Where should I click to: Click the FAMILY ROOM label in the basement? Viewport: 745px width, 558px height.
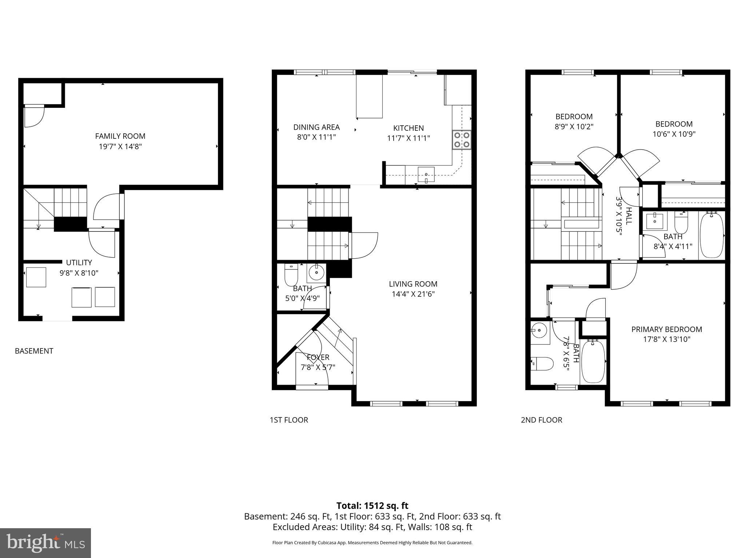pyautogui.click(x=120, y=136)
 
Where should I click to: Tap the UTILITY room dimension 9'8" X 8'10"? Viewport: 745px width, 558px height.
pyautogui.click(x=79, y=273)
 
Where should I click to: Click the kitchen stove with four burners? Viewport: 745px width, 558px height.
pyautogui.click(x=462, y=140)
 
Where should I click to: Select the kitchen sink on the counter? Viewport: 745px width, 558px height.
pyautogui.click(x=426, y=175)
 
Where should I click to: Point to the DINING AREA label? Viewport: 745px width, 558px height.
pyautogui.click(x=316, y=127)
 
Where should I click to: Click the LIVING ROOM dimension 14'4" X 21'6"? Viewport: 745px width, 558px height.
pyautogui.click(x=413, y=294)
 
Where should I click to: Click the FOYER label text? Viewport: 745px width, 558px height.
pyautogui.click(x=318, y=357)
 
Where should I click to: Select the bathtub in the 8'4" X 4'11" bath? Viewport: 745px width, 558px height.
pyautogui.click(x=712, y=235)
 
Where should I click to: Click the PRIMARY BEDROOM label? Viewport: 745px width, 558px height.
pyautogui.click(x=666, y=329)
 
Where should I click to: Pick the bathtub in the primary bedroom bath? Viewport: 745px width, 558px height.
pyautogui.click(x=593, y=361)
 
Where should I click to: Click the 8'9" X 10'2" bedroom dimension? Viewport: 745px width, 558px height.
pyautogui.click(x=574, y=127)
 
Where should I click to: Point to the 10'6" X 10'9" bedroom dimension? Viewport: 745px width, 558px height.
pyautogui.click(x=674, y=134)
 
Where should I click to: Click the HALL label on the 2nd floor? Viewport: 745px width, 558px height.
pyautogui.click(x=629, y=216)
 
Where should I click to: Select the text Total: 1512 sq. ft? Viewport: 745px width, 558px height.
pyautogui.click(x=372, y=506)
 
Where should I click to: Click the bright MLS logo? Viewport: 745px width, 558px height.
pyautogui.click(x=45, y=543)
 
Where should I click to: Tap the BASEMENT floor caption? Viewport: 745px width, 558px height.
pyautogui.click(x=34, y=351)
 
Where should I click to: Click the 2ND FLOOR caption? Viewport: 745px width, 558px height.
pyautogui.click(x=541, y=420)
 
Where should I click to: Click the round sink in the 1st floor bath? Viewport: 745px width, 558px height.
pyautogui.click(x=316, y=272)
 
